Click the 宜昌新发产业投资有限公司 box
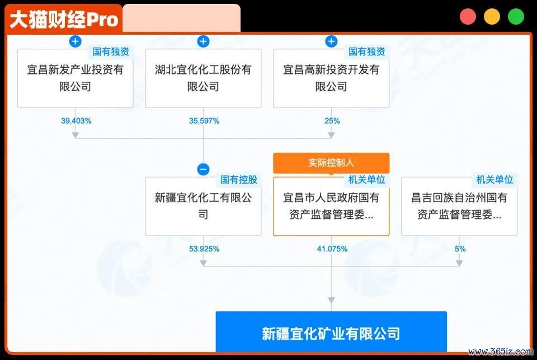coord(75,78)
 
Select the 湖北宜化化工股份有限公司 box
coord(203,78)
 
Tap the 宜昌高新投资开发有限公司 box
coord(331,78)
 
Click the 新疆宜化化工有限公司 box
coord(203,206)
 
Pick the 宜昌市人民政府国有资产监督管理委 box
coord(331,206)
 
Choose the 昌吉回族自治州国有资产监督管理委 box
coord(459,206)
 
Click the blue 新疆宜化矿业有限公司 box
coord(331,332)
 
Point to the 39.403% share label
coord(76,121)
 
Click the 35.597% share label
coord(204,121)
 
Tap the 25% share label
coord(332,121)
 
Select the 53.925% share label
coord(204,249)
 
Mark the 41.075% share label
coord(332,249)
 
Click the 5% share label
coord(460,249)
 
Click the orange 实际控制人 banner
coord(331,163)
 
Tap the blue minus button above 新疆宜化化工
coord(203,169)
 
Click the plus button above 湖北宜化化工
coord(203,41)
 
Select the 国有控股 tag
coord(239,180)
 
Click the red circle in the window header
coord(468,16)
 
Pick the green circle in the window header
coord(516,16)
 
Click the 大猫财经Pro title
coord(64,19)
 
